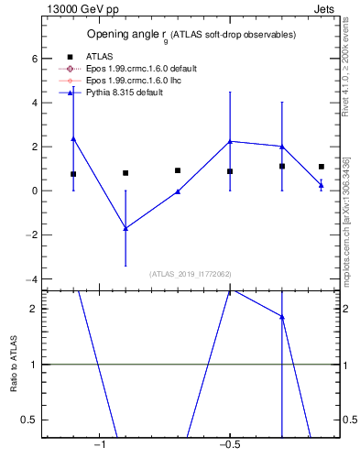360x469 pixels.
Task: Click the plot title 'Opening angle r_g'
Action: tap(191, 35)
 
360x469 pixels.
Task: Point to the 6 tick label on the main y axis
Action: tap(31, 59)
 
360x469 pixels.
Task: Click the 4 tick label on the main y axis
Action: tap(31, 103)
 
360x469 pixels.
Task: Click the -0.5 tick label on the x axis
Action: tap(228, 446)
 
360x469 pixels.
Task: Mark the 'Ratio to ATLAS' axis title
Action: tap(14, 364)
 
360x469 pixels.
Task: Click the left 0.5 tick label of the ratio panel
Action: tap(27, 420)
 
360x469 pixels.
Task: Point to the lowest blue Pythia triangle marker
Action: tap(125, 228)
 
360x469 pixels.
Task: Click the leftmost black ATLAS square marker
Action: tap(73, 174)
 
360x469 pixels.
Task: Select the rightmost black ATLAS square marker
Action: tap(322, 167)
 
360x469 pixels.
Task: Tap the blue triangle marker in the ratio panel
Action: tap(282, 317)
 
